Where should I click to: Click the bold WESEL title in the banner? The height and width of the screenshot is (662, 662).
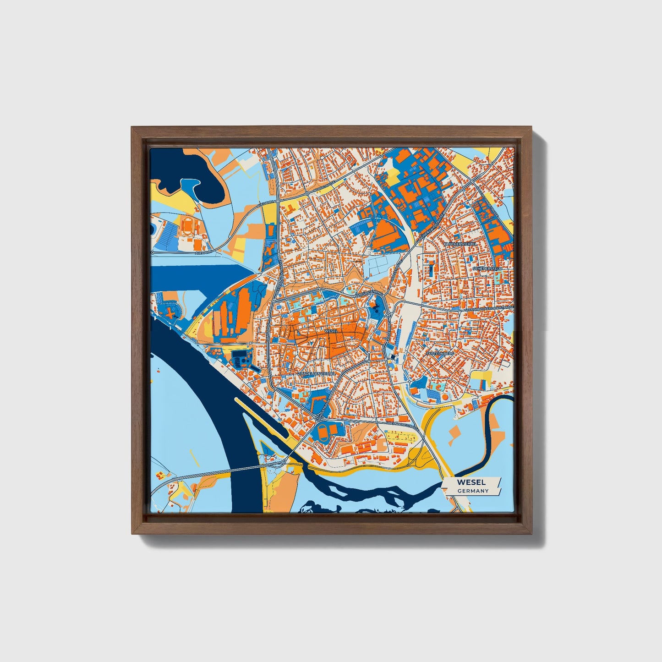click(x=471, y=482)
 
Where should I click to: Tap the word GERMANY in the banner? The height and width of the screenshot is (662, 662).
click(x=472, y=491)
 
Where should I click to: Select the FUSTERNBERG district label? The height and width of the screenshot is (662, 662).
click(x=440, y=354)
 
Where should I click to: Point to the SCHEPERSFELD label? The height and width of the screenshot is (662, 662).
click(x=489, y=268)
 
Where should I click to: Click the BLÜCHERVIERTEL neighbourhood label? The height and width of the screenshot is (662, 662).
click(x=460, y=244)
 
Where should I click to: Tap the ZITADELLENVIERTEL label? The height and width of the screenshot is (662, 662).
click(x=317, y=374)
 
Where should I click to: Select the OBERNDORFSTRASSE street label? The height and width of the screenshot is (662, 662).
click(x=401, y=426)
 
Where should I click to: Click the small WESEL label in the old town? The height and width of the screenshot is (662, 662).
click(x=330, y=330)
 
